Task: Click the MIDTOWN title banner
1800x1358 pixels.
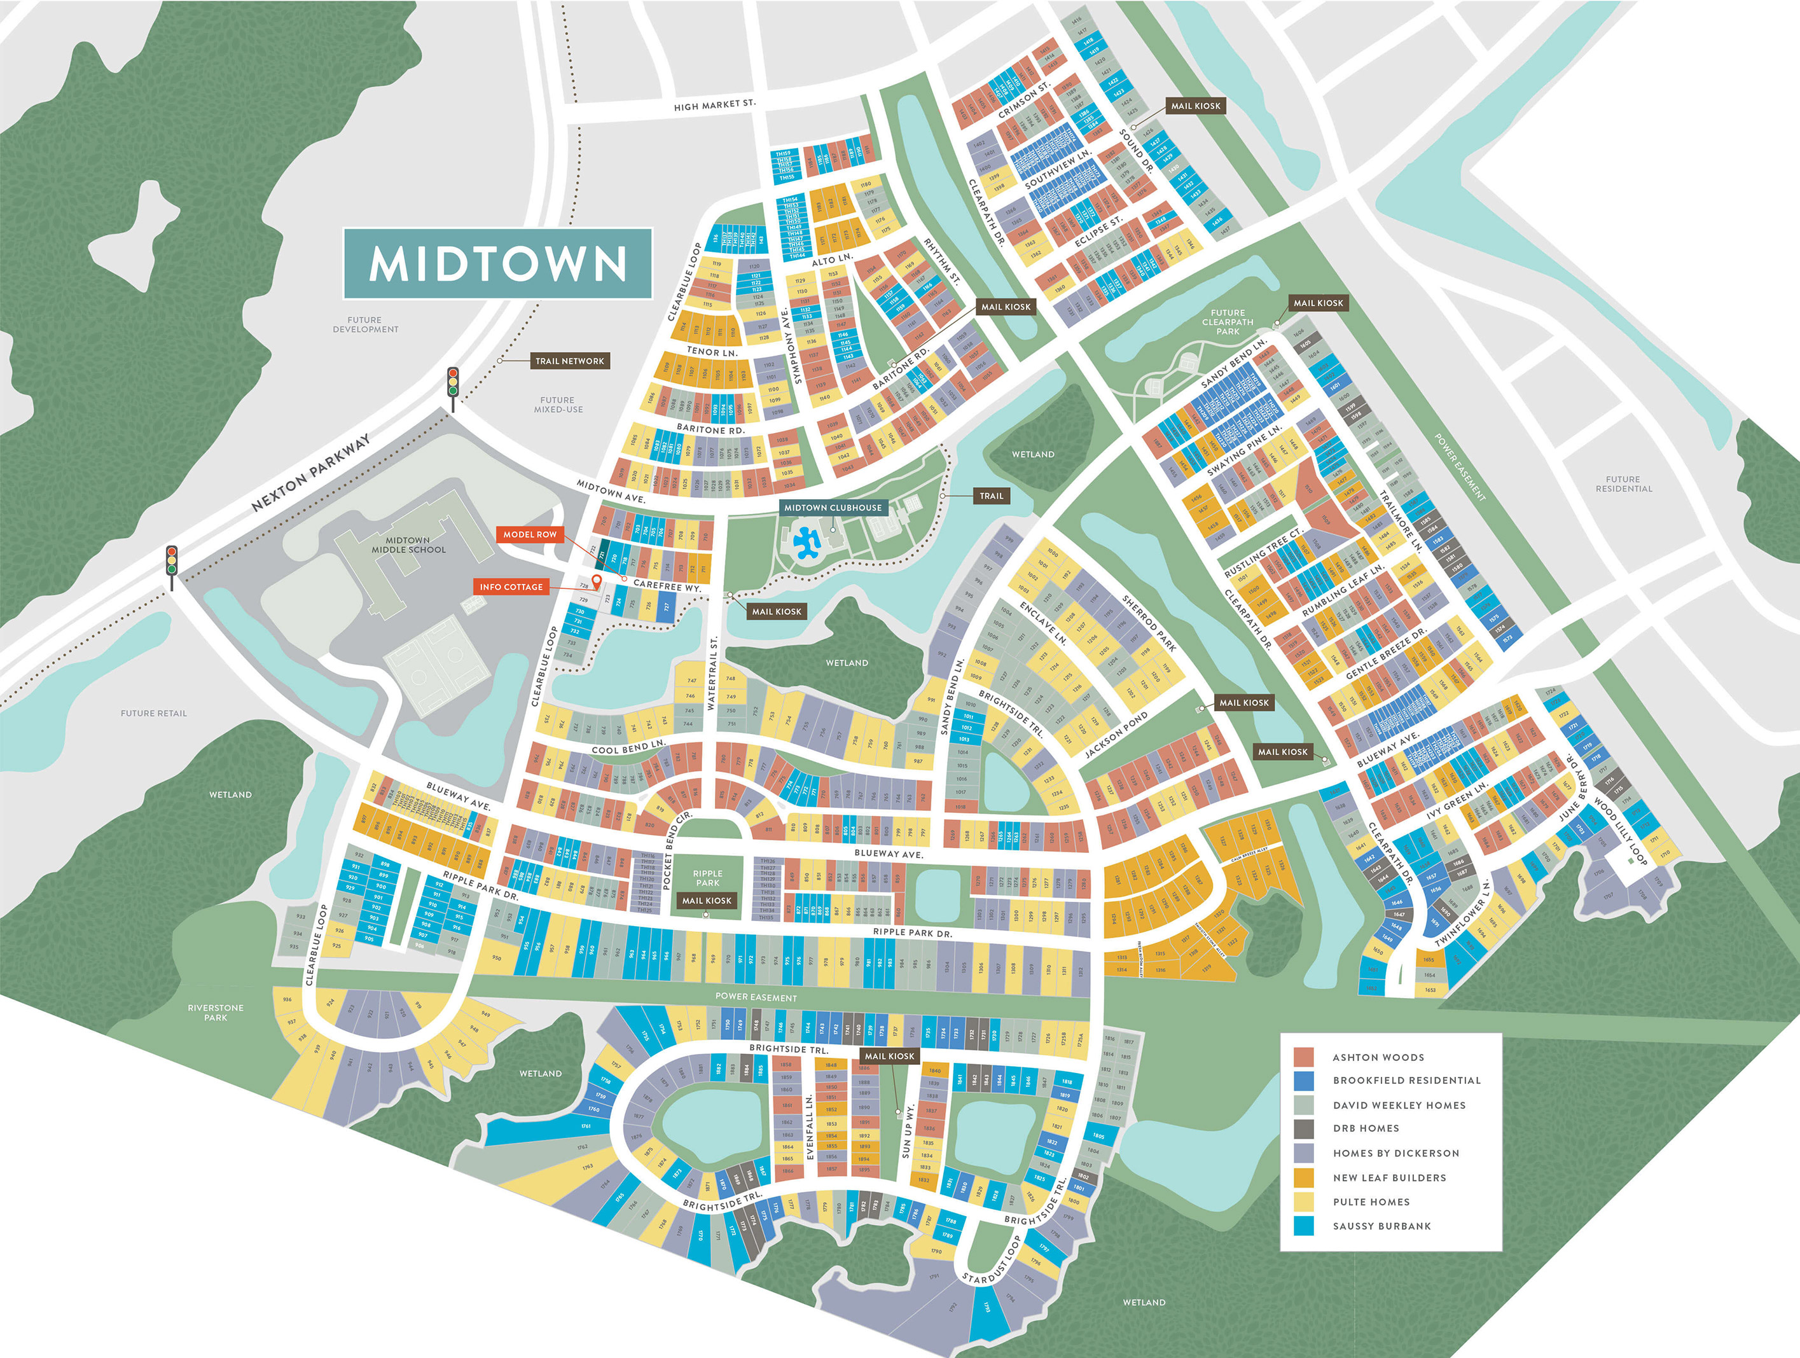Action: [x=497, y=263]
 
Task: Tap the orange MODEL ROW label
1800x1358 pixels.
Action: [x=530, y=534]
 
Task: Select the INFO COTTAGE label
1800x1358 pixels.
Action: [x=510, y=586]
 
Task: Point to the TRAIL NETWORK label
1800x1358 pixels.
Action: [x=570, y=361]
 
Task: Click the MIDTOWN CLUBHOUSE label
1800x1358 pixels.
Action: [x=833, y=508]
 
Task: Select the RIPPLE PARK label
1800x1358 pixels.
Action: [x=707, y=878]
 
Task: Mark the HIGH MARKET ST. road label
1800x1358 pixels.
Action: [x=714, y=105]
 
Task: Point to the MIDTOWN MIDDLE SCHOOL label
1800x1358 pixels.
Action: [x=408, y=545]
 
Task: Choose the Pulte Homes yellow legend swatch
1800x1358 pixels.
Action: [x=1304, y=1202]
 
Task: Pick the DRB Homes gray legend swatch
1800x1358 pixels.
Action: [x=1304, y=1128]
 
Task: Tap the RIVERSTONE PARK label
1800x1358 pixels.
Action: [x=216, y=1012]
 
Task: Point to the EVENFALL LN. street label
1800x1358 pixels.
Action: [x=810, y=1127]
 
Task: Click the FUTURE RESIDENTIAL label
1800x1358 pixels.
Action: [x=1623, y=484]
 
